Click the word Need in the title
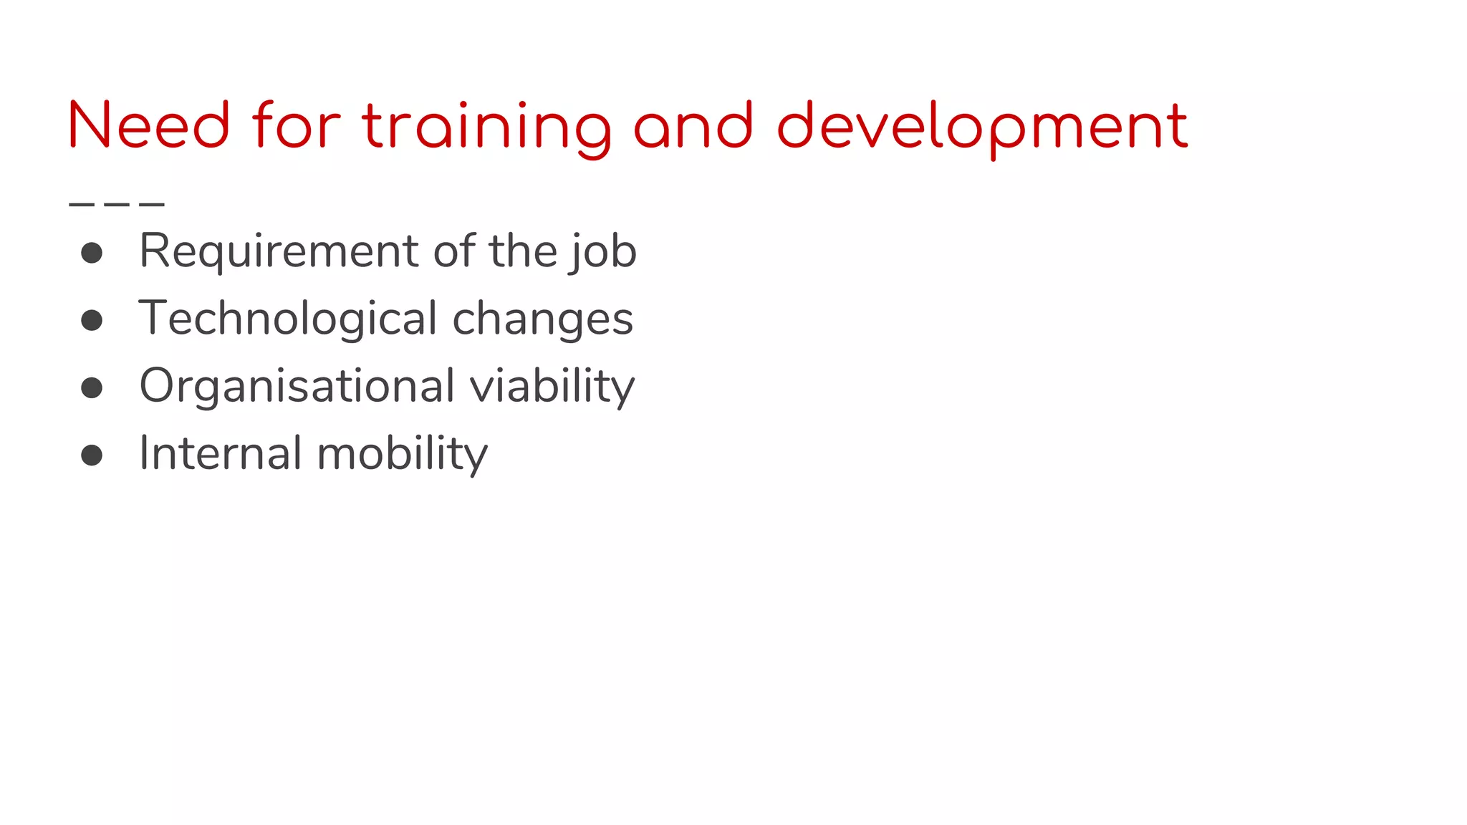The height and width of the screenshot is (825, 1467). (149, 126)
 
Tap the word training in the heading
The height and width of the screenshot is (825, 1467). (486, 127)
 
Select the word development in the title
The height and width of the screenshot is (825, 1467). (982, 127)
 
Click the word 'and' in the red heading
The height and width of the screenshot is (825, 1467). (693, 126)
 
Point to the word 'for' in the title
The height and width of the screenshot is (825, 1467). (297, 126)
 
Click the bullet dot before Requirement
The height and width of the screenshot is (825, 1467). (92, 253)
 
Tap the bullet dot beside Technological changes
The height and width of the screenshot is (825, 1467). (92, 320)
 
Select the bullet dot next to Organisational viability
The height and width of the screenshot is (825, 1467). (92, 387)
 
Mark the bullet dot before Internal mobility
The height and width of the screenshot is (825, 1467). (92, 455)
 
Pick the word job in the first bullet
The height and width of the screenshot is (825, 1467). (603, 253)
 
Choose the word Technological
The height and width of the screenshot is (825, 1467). (287, 319)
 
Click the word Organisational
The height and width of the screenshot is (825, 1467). (297, 387)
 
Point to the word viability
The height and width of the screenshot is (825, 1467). (552, 387)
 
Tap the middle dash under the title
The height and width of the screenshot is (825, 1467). (117, 205)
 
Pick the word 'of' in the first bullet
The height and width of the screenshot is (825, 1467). (454, 251)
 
